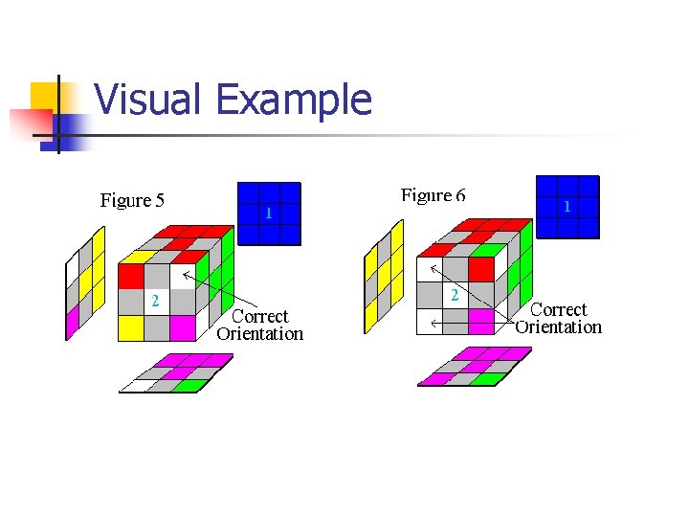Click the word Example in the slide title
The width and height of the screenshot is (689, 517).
tap(294, 100)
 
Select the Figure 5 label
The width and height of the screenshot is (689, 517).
tap(132, 200)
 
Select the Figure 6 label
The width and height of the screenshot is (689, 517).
tap(433, 195)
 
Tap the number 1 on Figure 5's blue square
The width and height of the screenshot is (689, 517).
tap(269, 214)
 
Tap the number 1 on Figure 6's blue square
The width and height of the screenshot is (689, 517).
tap(567, 207)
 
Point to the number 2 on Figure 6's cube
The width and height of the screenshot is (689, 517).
tap(456, 296)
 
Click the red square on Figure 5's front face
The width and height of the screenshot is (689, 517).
tap(130, 276)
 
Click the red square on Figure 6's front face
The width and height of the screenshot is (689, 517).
tap(481, 269)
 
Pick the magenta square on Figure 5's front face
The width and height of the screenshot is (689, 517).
tap(182, 327)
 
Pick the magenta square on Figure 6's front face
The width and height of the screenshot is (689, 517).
tap(481, 321)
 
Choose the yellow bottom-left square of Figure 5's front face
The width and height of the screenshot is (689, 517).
tap(130, 327)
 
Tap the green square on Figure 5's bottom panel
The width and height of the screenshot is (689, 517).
tap(192, 386)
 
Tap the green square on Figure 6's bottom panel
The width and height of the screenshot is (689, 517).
tap(488, 378)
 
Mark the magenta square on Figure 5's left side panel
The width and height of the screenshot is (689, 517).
tap(72, 323)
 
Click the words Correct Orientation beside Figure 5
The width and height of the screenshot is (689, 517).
tap(259, 325)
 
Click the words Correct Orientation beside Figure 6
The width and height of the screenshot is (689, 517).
tap(558, 318)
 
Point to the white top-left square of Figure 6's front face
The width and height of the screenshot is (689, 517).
tap(430, 269)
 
